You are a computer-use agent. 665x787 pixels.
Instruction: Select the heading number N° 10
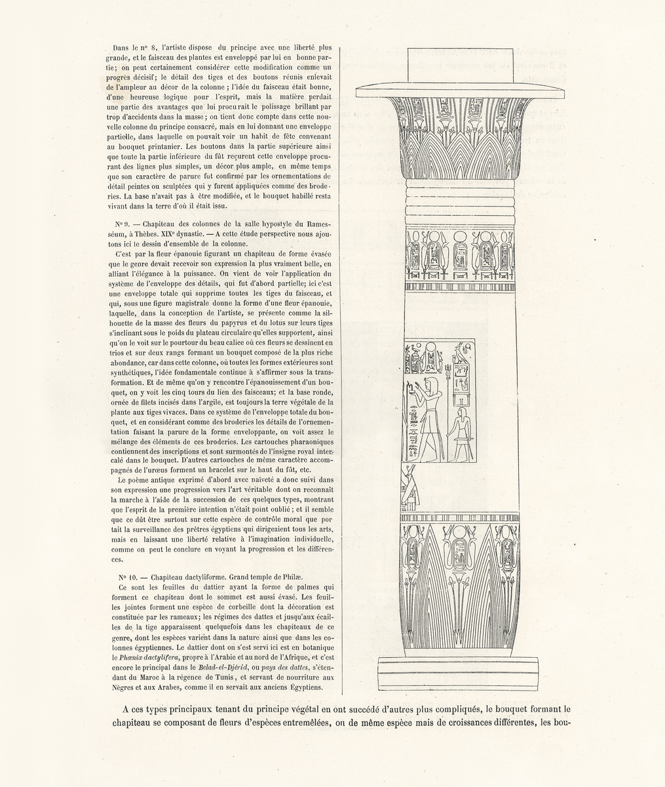[128, 576]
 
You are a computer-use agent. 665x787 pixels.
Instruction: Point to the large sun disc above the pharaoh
[432, 350]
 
